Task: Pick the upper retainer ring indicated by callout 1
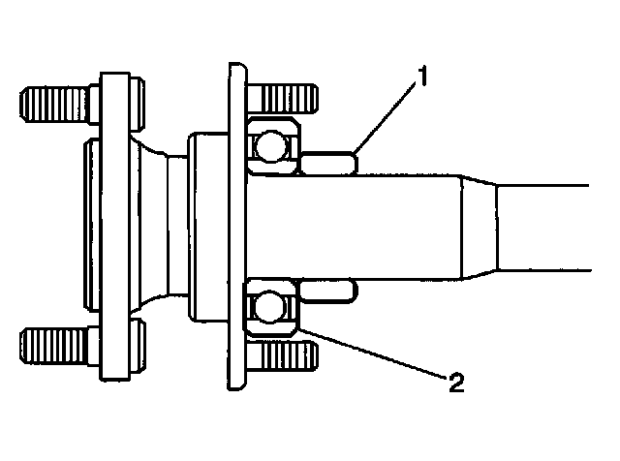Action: [x=329, y=162]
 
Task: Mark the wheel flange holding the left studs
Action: [x=115, y=223]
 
